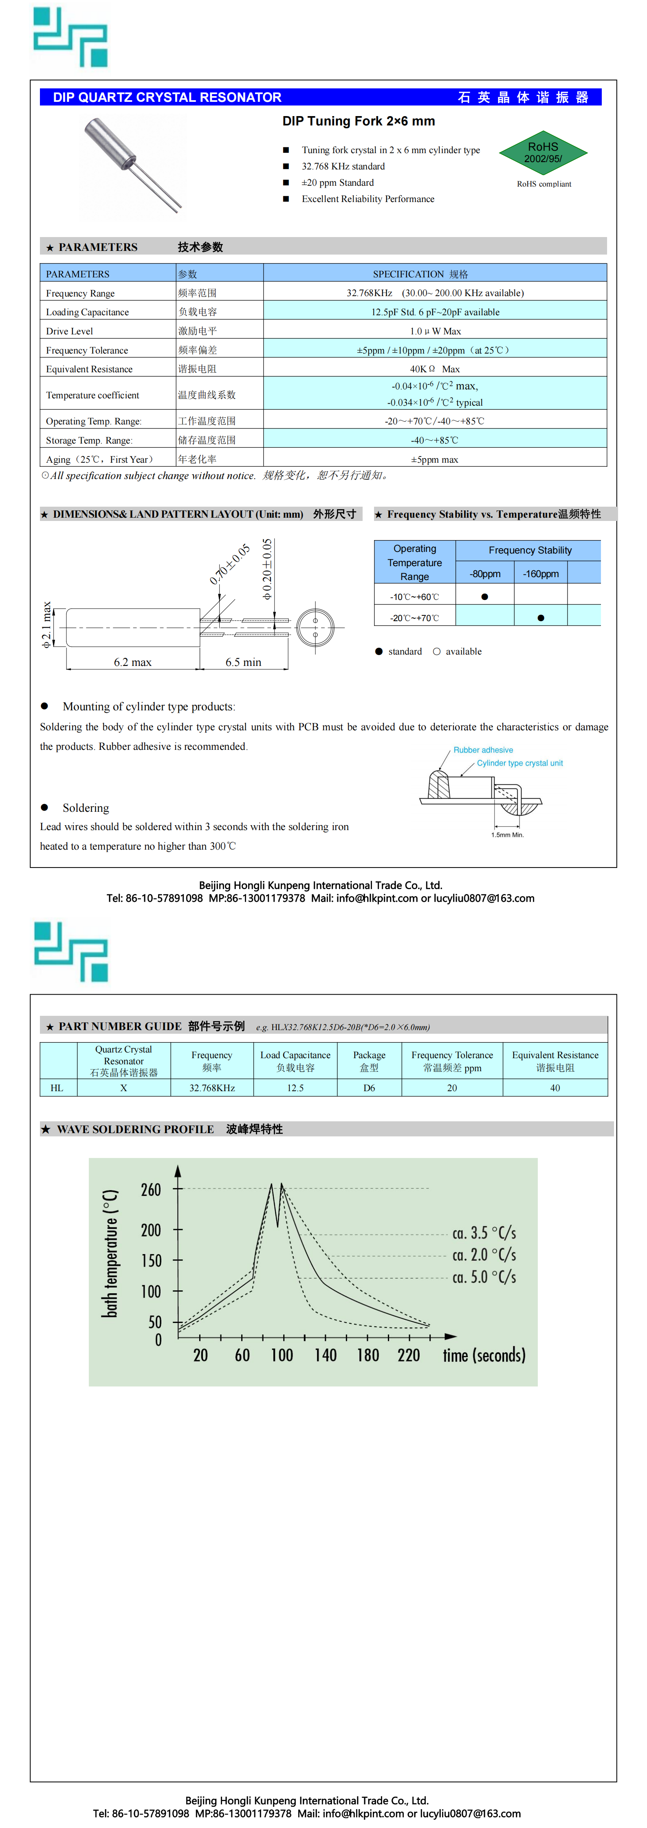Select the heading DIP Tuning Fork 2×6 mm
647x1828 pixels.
[x=359, y=121]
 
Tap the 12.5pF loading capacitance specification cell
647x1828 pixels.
[x=435, y=312]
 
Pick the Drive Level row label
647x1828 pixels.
[x=70, y=332]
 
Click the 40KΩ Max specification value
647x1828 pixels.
[x=435, y=369]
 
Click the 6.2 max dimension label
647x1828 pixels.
[x=133, y=662]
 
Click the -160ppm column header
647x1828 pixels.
[x=541, y=573]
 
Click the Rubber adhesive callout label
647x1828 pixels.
[x=483, y=750]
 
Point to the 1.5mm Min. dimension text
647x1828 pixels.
[x=507, y=835]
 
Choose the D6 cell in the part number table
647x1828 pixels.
[x=369, y=1088]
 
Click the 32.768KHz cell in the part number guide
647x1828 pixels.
[x=211, y=1088]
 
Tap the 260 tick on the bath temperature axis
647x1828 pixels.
[x=151, y=1190]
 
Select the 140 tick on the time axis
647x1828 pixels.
[x=325, y=1356]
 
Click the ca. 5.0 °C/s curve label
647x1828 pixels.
[x=484, y=1277]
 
